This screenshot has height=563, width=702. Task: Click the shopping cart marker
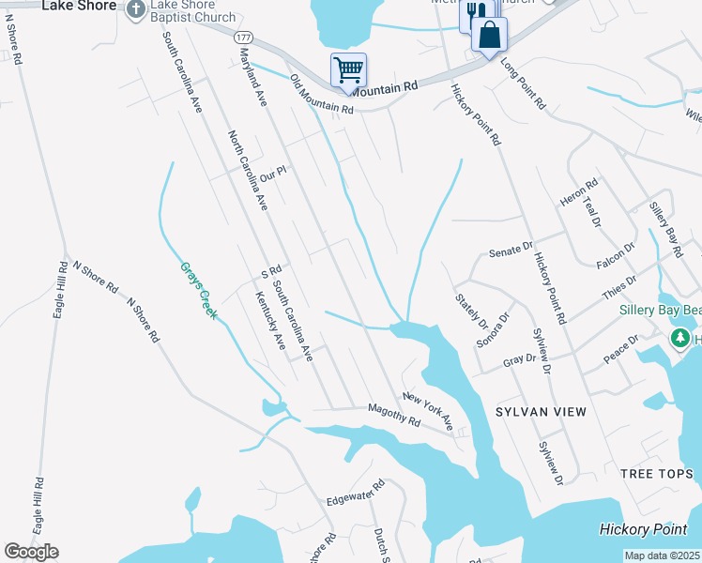[348, 69]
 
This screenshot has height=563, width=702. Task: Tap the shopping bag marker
[490, 35]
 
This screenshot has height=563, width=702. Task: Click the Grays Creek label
[197, 289]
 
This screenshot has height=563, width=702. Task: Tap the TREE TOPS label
[656, 474]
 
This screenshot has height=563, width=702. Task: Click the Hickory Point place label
[647, 529]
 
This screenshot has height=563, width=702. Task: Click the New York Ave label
[428, 412]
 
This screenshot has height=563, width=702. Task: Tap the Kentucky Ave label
[269, 320]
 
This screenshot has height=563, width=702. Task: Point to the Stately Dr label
[471, 310]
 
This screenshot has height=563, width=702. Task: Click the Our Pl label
[272, 174]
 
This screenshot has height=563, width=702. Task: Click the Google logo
[31, 552]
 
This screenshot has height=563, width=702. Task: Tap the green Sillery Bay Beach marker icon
[679, 336]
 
